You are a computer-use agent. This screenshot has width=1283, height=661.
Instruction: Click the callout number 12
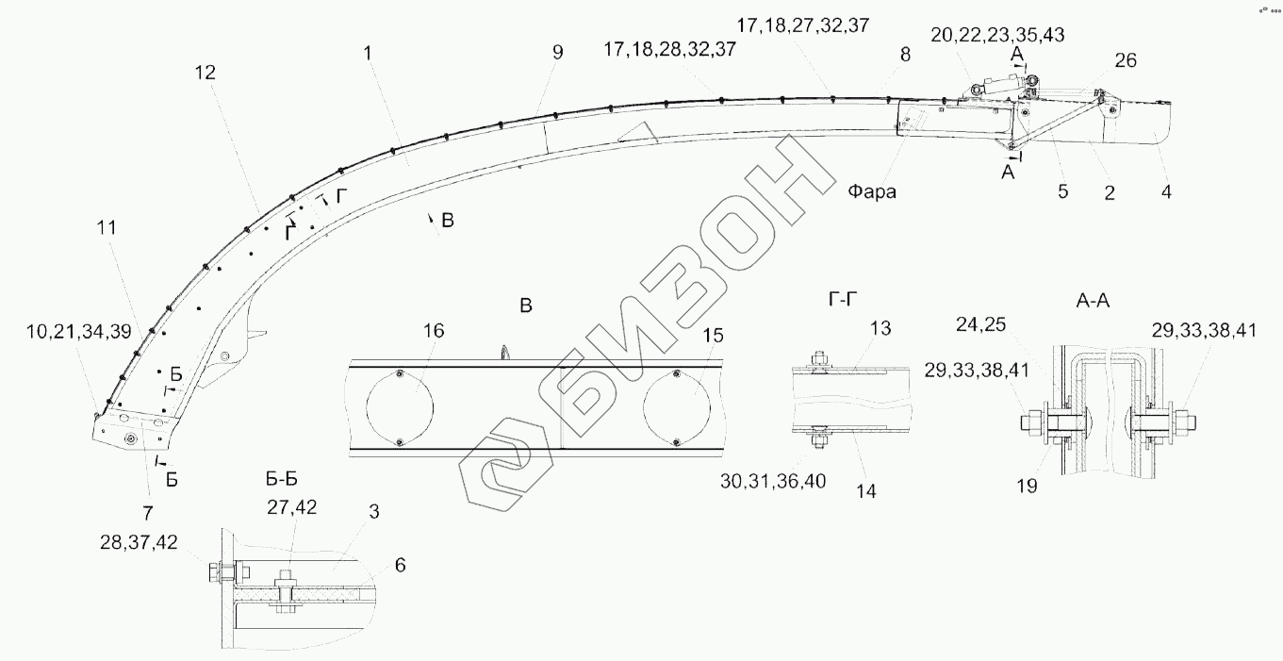tap(206, 73)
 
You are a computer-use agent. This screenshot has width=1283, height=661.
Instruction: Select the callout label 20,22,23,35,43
tap(997, 35)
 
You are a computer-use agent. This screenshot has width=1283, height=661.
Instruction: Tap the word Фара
tap(872, 191)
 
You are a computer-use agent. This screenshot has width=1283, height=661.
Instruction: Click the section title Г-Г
tap(843, 299)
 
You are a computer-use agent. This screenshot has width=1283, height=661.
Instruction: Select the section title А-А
tap(1093, 301)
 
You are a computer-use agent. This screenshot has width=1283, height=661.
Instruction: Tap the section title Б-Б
tap(282, 479)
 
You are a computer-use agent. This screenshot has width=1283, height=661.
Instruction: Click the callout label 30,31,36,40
tap(773, 481)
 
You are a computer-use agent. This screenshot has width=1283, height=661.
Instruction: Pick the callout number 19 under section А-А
tap(1027, 486)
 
